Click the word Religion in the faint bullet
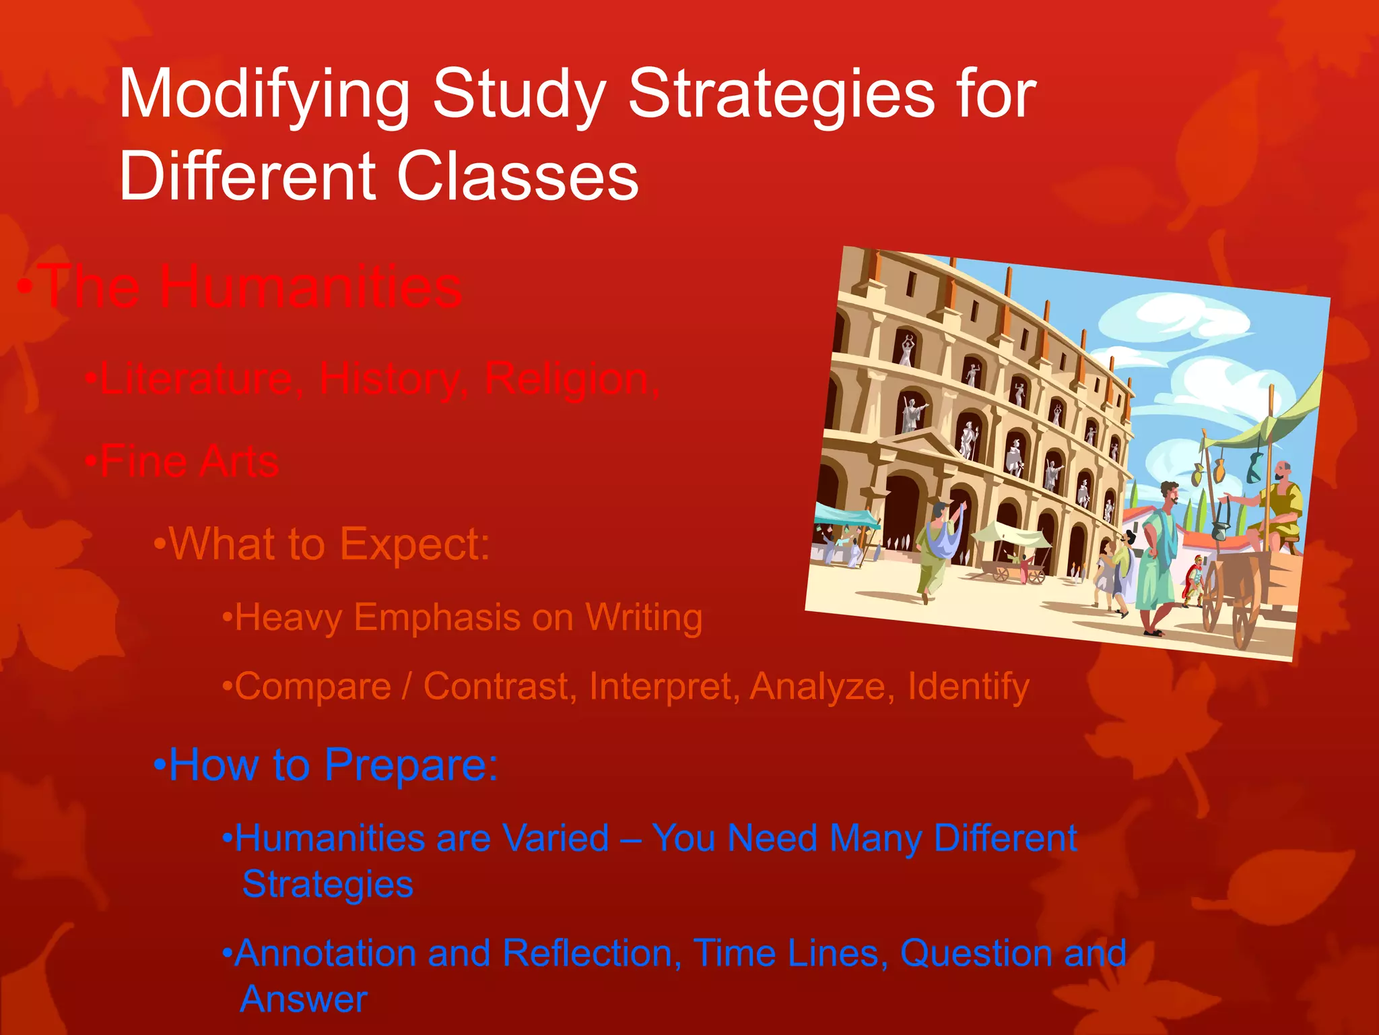click(x=569, y=380)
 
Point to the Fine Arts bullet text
click(x=189, y=462)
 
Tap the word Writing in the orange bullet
click(x=644, y=618)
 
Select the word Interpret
click(x=663, y=687)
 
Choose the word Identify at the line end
click(x=968, y=687)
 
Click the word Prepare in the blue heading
click(x=411, y=765)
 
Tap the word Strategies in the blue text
click(x=327, y=884)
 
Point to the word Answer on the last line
click(x=304, y=999)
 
